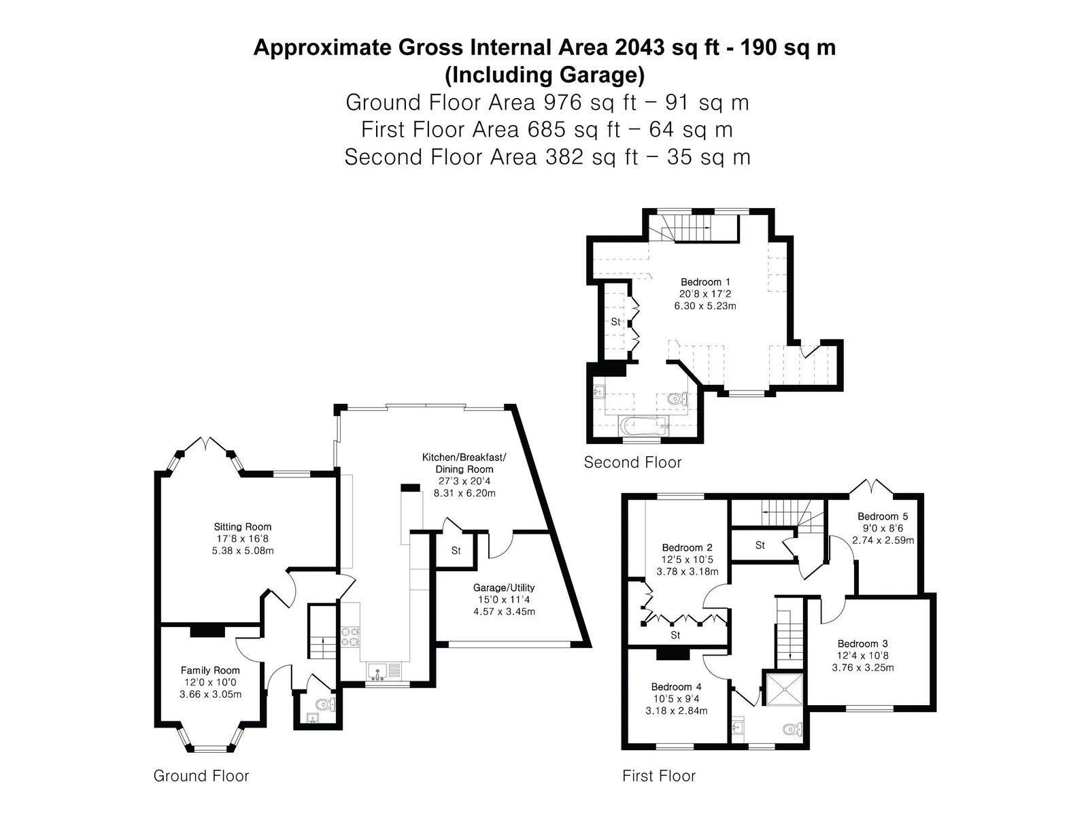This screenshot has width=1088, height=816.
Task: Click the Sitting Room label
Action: (242, 526)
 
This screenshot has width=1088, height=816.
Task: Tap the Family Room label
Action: (210, 670)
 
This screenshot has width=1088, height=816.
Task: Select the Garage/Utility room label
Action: (504, 588)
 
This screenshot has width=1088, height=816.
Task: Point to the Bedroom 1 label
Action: (705, 282)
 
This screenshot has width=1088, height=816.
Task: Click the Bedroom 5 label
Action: (882, 516)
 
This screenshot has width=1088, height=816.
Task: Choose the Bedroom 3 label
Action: (862, 643)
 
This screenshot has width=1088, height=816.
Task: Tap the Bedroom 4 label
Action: (676, 687)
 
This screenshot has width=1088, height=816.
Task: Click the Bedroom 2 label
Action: (687, 547)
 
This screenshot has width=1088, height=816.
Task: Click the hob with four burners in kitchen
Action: (350, 636)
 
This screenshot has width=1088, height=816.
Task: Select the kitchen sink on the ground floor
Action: (386, 673)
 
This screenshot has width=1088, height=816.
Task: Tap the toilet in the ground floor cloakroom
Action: (326, 704)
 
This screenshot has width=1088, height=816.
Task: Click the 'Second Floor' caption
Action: (632, 462)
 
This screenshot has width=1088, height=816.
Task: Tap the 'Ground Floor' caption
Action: (201, 775)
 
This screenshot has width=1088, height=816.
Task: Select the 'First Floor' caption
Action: (659, 775)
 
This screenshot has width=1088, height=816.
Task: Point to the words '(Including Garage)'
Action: (544, 75)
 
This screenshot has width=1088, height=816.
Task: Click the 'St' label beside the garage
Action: (456, 550)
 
